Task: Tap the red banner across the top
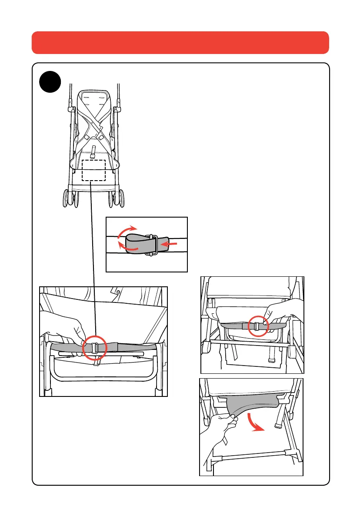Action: point(180,42)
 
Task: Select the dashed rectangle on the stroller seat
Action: point(93,170)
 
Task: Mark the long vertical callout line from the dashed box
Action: point(93,261)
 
